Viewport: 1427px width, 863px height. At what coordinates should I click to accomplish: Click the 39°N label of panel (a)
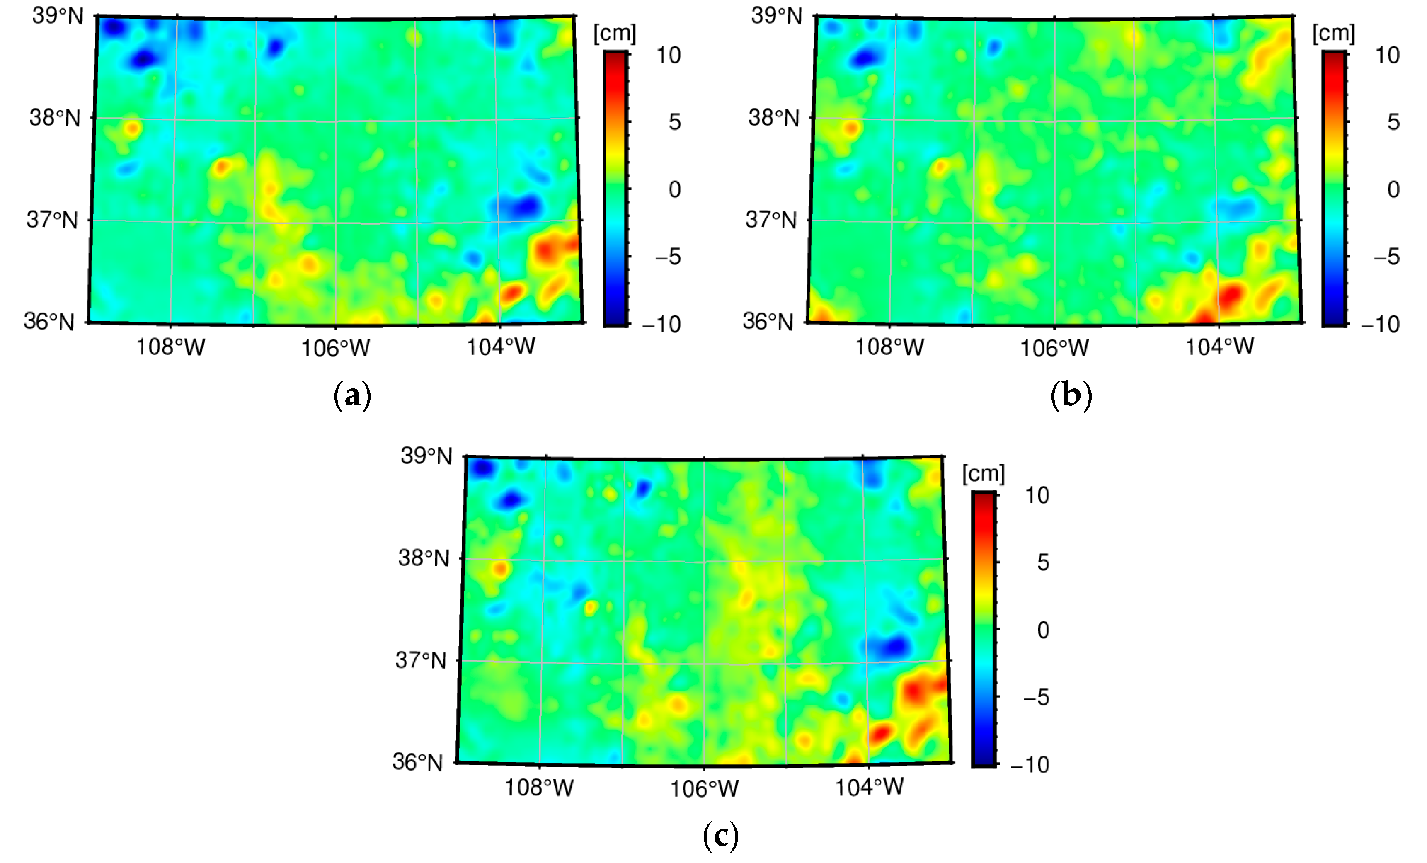point(57,16)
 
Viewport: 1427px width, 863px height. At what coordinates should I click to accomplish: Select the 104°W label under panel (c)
point(869,787)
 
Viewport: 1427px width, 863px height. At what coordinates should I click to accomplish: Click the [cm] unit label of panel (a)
point(615,34)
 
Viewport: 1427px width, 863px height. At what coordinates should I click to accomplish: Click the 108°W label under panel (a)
point(170,347)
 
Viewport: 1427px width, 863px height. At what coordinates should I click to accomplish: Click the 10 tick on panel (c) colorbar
point(1037,495)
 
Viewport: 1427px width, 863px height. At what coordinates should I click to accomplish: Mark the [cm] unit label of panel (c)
point(983,474)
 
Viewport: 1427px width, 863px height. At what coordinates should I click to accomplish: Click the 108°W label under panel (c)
point(539,787)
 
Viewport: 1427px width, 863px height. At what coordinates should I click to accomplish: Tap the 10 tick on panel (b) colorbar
point(1387,55)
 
